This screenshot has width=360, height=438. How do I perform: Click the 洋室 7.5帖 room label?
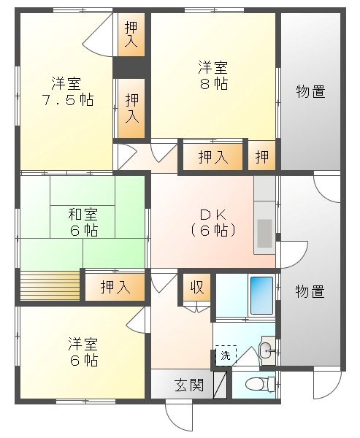[66, 91]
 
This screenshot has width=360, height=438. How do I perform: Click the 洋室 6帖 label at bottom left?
[83, 351]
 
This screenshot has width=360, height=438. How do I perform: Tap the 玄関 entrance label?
[188, 384]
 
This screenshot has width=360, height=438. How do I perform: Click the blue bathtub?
[261, 295]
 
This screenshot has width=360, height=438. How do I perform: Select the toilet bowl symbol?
[255, 384]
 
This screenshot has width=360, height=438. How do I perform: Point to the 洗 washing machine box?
[225, 357]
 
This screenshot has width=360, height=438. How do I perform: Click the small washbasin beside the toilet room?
[267, 349]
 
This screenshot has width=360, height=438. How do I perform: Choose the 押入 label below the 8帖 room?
[212, 156]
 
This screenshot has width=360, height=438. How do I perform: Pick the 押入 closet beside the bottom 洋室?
[115, 286]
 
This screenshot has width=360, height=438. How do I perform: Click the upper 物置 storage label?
[310, 91]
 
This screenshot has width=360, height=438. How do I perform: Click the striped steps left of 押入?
[49, 285]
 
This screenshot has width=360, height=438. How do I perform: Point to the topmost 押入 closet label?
[132, 34]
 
